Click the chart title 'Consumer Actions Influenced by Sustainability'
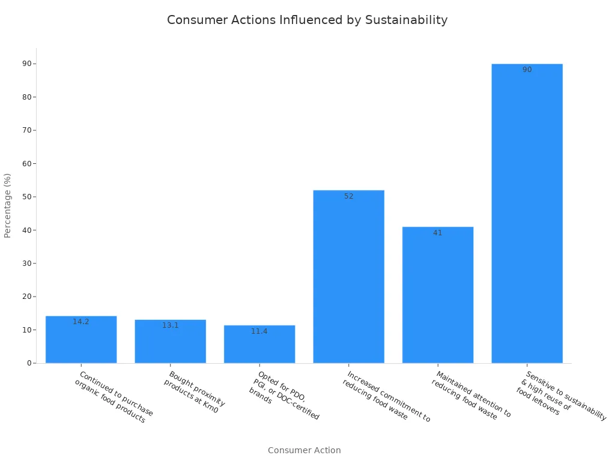click(307, 20)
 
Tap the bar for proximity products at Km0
click(170, 343)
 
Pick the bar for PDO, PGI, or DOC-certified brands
click(259, 346)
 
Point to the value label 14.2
click(81, 322)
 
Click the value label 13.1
click(170, 325)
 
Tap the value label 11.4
click(259, 331)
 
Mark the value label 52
click(348, 196)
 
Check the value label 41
click(438, 233)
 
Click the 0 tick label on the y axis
click(29, 363)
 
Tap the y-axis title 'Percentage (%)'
click(8, 205)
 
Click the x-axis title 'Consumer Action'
click(304, 450)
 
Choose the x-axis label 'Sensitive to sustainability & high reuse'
click(560, 394)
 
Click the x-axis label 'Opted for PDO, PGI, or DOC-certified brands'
click(283, 395)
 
